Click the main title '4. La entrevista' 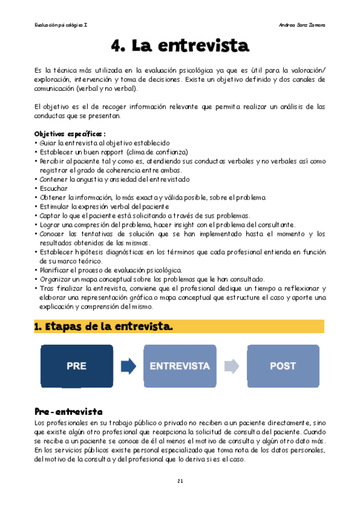[180, 46]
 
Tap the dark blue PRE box [76, 366]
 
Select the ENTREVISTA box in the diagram [179, 366]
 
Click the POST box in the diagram [283, 366]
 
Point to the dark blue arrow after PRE [128, 366]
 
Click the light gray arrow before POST [231, 366]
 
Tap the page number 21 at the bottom [180, 481]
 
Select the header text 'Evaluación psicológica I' [62, 25]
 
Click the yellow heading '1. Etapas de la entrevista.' [103, 327]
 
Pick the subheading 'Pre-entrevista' [68, 412]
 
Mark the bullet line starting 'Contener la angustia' [114, 179]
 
